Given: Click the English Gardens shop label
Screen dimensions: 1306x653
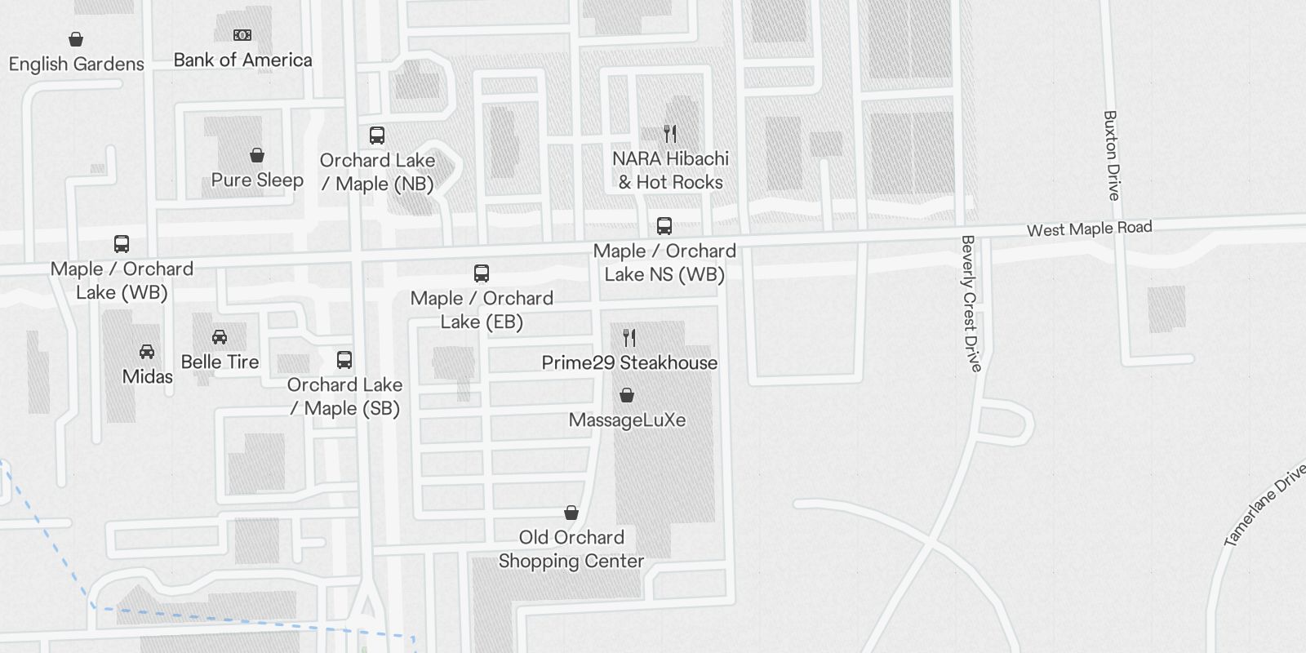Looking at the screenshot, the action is (x=76, y=64).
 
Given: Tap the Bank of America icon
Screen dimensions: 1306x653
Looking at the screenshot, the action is (x=242, y=35).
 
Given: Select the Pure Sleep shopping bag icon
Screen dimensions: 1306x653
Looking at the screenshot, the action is (x=257, y=155).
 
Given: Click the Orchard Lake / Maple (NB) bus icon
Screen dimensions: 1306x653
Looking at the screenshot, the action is (x=376, y=135).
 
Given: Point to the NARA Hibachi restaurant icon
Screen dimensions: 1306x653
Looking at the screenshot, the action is (x=670, y=134).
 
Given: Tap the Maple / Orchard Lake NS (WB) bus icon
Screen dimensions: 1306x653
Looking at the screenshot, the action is (x=664, y=226).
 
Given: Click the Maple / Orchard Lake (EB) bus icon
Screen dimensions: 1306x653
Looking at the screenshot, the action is (x=482, y=273).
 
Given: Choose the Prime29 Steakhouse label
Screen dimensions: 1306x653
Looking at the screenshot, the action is (x=629, y=362).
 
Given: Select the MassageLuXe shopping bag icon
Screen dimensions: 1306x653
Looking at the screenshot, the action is (x=627, y=396).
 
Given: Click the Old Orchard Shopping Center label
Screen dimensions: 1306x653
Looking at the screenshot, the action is (x=571, y=549).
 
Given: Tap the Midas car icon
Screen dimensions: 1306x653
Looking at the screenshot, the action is (x=147, y=352).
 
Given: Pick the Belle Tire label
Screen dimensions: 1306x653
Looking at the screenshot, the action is (x=220, y=362).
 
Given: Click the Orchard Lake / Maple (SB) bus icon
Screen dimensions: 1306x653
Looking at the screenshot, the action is (x=344, y=360).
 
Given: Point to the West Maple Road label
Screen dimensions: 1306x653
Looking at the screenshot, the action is (x=1089, y=229).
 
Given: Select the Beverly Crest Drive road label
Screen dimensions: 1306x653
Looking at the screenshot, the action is (x=970, y=303).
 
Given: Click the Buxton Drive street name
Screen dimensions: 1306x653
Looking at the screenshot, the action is (x=1111, y=155).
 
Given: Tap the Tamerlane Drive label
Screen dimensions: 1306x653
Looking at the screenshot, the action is (x=1264, y=506).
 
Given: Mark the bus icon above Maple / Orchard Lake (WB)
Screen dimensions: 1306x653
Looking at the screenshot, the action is (x=122, y=244).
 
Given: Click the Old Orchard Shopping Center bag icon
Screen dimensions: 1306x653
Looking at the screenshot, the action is (x=571, y=513).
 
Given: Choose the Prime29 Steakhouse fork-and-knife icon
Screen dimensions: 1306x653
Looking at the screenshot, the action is (x=629, y=337).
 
